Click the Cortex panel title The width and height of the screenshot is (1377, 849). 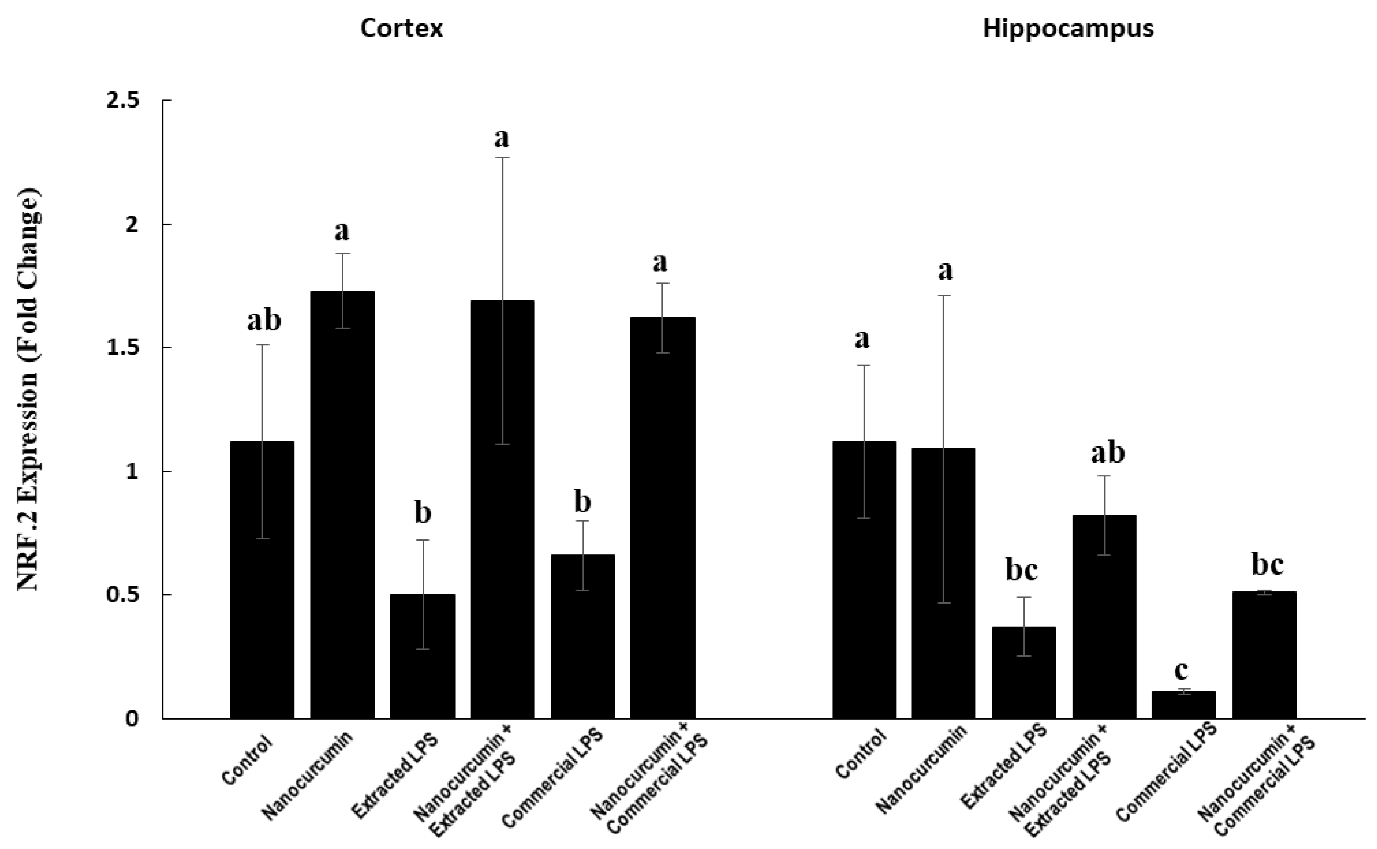402,28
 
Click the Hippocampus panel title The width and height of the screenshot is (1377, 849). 1068,28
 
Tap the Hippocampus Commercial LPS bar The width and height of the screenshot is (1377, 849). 1183,704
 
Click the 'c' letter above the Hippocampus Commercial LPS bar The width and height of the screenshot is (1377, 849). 1181,670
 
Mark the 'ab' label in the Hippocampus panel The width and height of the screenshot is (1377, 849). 1107,453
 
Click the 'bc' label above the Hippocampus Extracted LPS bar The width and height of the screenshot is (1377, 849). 1021,571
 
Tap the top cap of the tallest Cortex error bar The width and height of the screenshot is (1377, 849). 502,158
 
